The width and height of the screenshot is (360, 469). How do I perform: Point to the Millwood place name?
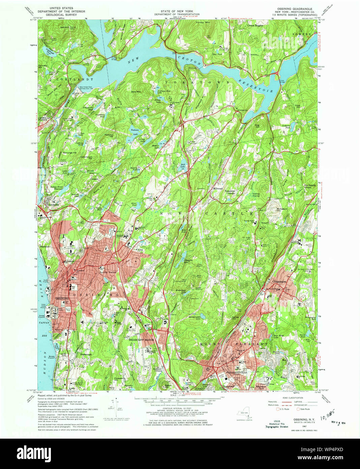point(217,189)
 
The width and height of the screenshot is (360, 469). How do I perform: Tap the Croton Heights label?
point(255,25)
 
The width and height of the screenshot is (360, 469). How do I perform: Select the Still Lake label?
point(182,165)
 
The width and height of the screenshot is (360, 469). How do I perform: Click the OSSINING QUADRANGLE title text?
point(288,9)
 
